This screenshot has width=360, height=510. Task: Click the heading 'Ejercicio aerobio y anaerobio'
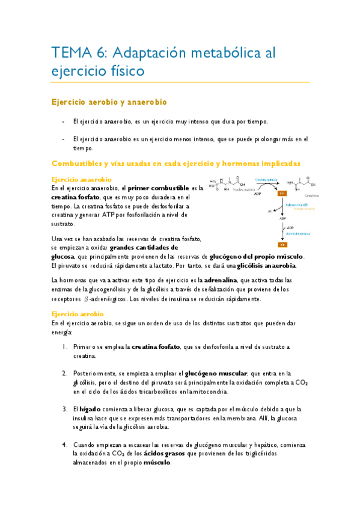(x=108, y=102)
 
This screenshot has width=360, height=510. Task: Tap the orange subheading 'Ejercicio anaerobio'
(x=82, y=179)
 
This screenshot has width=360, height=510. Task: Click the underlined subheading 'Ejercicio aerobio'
(x=78, y=314)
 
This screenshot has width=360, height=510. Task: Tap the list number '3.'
(x=65, y=409)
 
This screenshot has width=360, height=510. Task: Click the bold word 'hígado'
(x=90, y=409)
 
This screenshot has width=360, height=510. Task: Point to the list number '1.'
(x=65, y=347)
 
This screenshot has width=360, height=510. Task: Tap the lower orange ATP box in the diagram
(x=281, y=245)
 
